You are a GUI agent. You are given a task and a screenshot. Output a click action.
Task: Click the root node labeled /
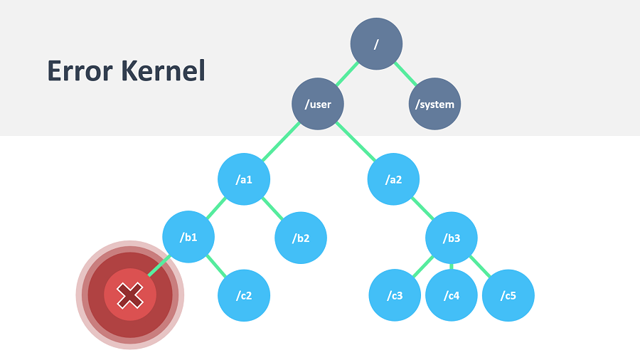click(x=376, y=44)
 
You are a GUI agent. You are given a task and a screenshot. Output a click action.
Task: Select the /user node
click(x=318, y=105)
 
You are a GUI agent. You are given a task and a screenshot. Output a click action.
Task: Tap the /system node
click(x=434, y=105)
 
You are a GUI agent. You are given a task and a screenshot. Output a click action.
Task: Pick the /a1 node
click(x=244, y=179)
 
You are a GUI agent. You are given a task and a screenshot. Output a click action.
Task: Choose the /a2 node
click(x=393, y=179)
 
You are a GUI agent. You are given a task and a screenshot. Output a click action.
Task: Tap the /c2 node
click(x=244, y=295)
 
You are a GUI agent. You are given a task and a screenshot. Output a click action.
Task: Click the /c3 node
click(x=395, y=295)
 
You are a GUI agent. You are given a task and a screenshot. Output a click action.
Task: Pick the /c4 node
click(x=452, y=295)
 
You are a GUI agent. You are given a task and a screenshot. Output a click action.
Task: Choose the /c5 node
click(x=508, y=295)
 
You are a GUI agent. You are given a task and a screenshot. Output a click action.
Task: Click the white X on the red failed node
click(x=129, y=295)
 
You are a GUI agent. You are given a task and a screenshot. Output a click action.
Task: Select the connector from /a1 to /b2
click(x=272, y=208)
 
